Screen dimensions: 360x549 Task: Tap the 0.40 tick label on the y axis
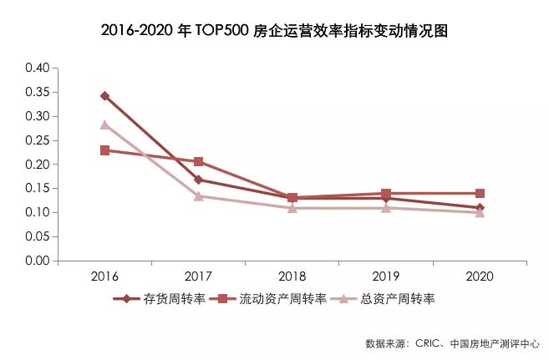tap(39, 68)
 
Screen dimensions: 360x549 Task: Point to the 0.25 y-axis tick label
tap(39, 139)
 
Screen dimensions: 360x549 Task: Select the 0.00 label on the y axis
tap(39, 261)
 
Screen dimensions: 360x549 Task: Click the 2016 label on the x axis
tap(104, 276)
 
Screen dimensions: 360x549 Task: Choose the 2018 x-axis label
tap(292, 276)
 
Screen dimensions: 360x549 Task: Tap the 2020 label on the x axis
tap(480, 276)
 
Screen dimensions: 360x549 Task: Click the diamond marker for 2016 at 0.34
tap(104, 96)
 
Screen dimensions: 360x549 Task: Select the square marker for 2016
tap(104, 150)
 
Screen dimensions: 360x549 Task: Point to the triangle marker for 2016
tap(104, 124)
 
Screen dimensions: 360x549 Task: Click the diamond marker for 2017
tap(199, 180)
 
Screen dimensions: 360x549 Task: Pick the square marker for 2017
tap(199, 161)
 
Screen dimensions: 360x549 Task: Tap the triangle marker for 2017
tap(199, 195)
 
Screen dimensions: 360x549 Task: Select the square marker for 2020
tap(480, 193)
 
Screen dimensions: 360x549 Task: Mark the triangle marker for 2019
tap(386, 207)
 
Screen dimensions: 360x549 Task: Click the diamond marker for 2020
tap(480, 208)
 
